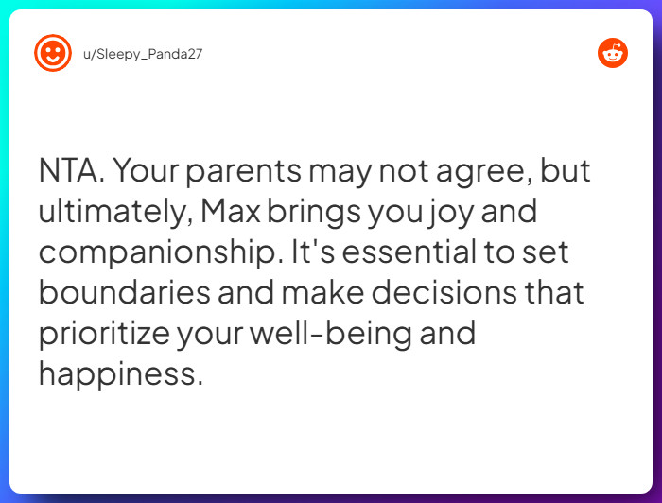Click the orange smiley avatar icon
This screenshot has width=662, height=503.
point(53,53)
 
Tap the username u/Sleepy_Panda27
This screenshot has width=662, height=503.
point(143,54)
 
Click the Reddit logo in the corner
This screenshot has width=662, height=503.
point(613,53)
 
